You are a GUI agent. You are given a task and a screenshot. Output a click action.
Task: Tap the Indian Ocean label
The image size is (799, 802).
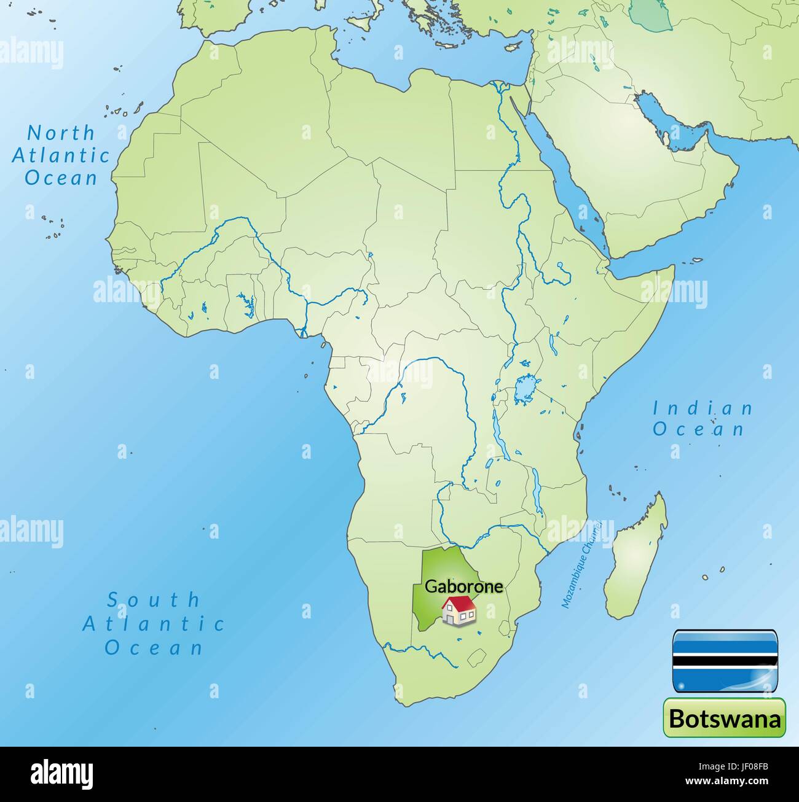point(703,418)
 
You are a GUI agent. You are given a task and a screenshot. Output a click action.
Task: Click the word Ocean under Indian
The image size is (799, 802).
point(699,429)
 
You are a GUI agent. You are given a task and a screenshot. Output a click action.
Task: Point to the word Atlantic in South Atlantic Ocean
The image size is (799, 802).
point(154,624)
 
